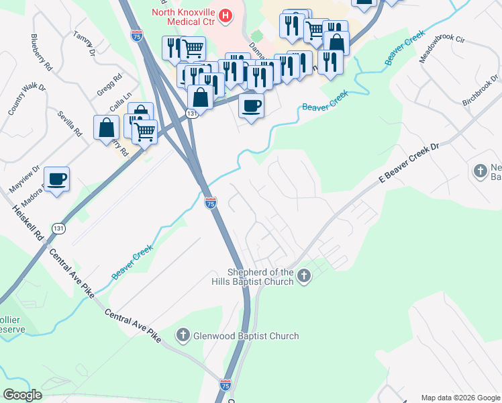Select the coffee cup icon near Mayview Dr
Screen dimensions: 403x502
tap(56, 179)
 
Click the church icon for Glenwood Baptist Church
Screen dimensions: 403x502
tap(183, 334)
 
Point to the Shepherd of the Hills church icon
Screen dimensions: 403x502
tap(304, 275)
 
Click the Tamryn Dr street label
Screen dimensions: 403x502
tap(86, 44)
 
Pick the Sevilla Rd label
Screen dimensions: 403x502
tap(70, 124)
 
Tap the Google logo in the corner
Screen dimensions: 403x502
tap(22, 395)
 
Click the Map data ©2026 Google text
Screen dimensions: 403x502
tap(460, 398)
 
